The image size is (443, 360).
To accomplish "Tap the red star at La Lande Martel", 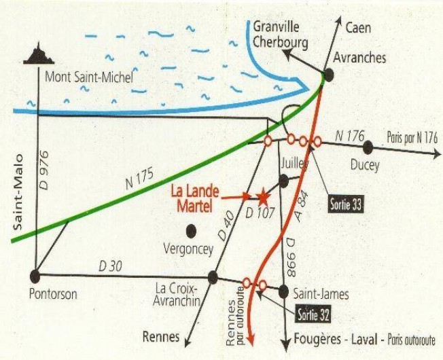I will click(x=263, y=196).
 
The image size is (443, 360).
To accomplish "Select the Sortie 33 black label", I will click(x=344, y=203).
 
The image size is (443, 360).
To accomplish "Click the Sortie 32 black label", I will click(x=315, y=314).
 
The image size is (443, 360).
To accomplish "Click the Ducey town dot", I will click(x=368, y=147).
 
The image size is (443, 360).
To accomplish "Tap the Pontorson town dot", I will click(x=35, y=275).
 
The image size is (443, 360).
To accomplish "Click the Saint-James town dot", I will click(x=283, y=291).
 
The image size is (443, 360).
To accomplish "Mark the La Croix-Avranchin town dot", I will click(x=213, y=276).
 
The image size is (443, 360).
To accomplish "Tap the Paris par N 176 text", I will click(x=412, y=137).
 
